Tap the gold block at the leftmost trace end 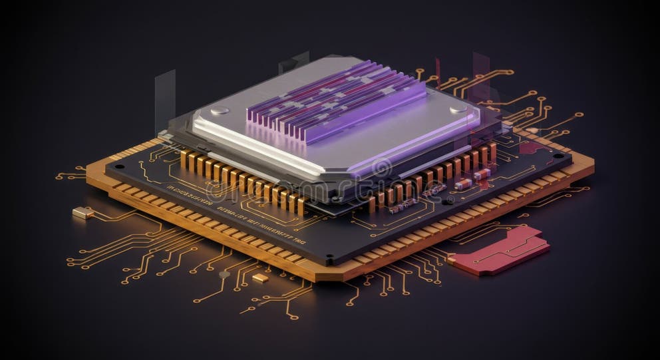[82, 212]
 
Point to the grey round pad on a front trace [224, 273]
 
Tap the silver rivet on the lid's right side [458, 108]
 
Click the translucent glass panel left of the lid [165, 100]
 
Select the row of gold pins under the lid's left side [240, 180]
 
